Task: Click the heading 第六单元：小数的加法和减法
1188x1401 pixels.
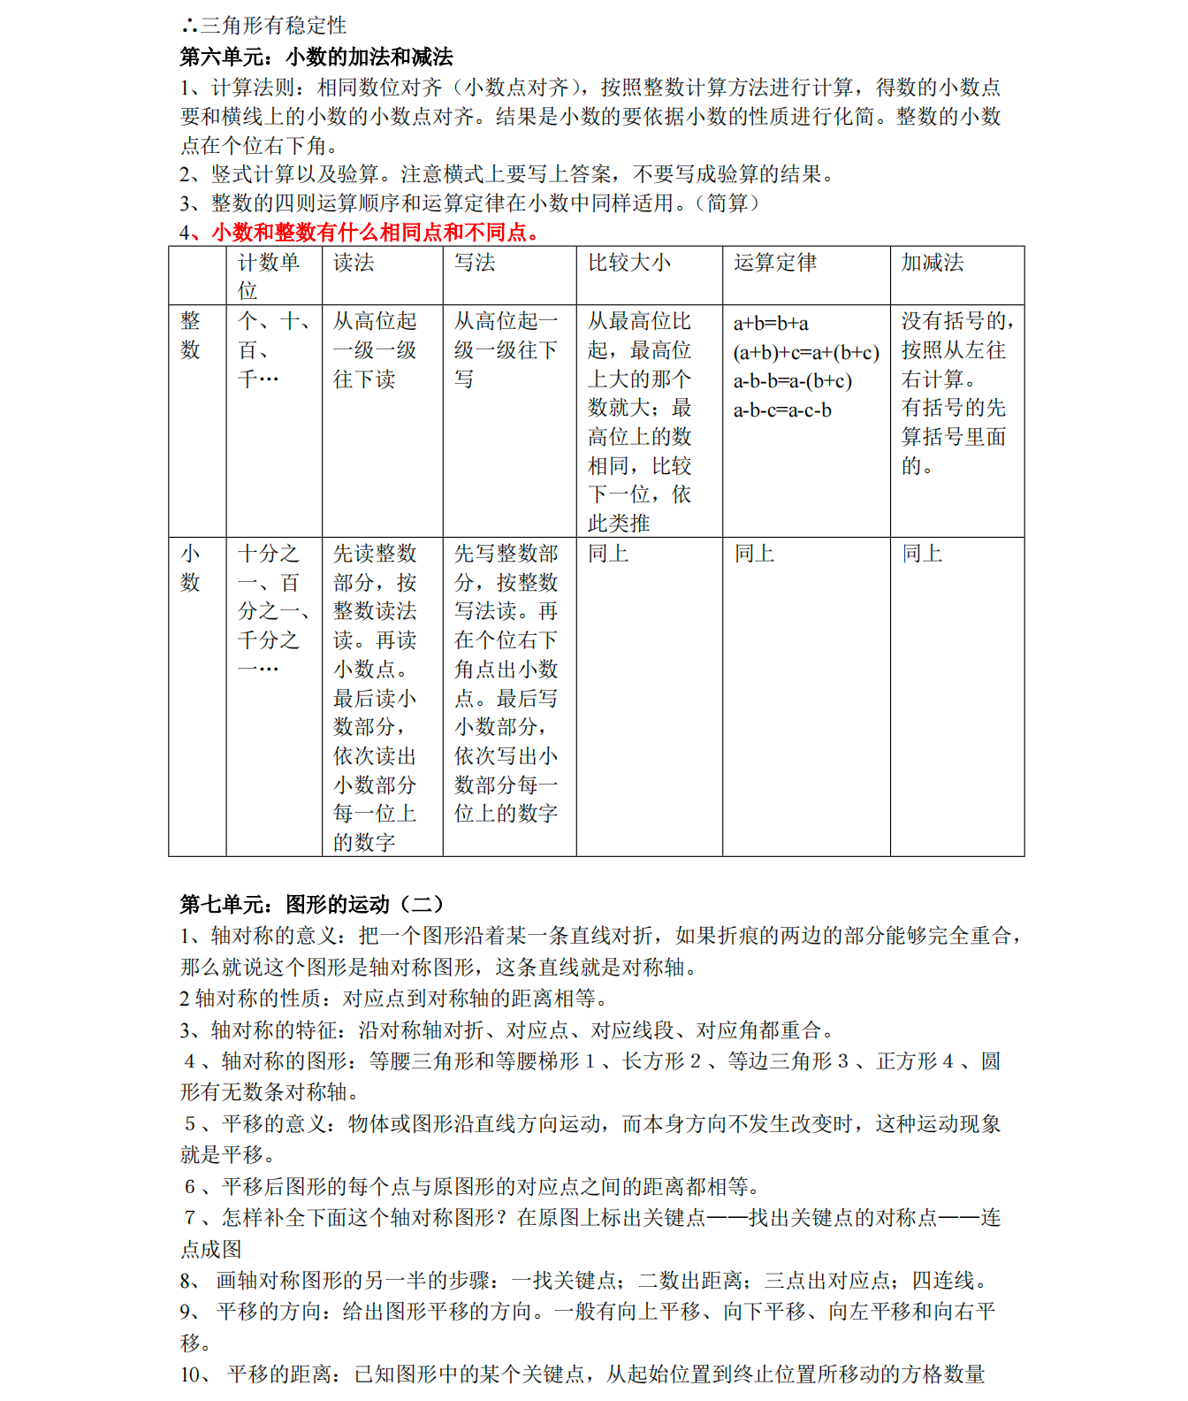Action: [316, 57]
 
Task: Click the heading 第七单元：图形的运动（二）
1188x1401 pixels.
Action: [311, 904]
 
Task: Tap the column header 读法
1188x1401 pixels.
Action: [354, 263]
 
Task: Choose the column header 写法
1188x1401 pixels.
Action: [475, 263]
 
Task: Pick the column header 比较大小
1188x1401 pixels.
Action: [629, 263]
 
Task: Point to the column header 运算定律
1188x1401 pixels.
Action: [775, 263]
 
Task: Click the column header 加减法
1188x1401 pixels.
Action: [933, 263]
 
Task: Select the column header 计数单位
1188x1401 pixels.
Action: [269, 276]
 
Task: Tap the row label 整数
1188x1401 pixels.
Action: [191, 335]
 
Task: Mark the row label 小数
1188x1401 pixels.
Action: [191, 568]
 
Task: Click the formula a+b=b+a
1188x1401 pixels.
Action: [771, 324]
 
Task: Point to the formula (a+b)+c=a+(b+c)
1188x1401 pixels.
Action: [806, 353]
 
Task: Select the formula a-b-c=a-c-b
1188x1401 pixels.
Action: [782, 410]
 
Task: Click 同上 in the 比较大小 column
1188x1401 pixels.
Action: [609, 554]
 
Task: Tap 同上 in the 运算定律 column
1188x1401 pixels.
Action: [755, 554]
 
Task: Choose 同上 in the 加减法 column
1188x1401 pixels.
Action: [923, 554]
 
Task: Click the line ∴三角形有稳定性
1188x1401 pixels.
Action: [264, 26]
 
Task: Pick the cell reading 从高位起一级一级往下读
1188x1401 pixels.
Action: [375, 350]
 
